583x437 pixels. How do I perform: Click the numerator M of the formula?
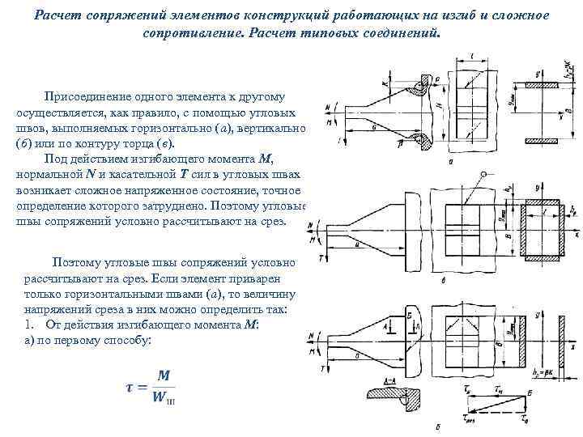coord(164,375)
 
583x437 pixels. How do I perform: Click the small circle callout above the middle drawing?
coord(484,175)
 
